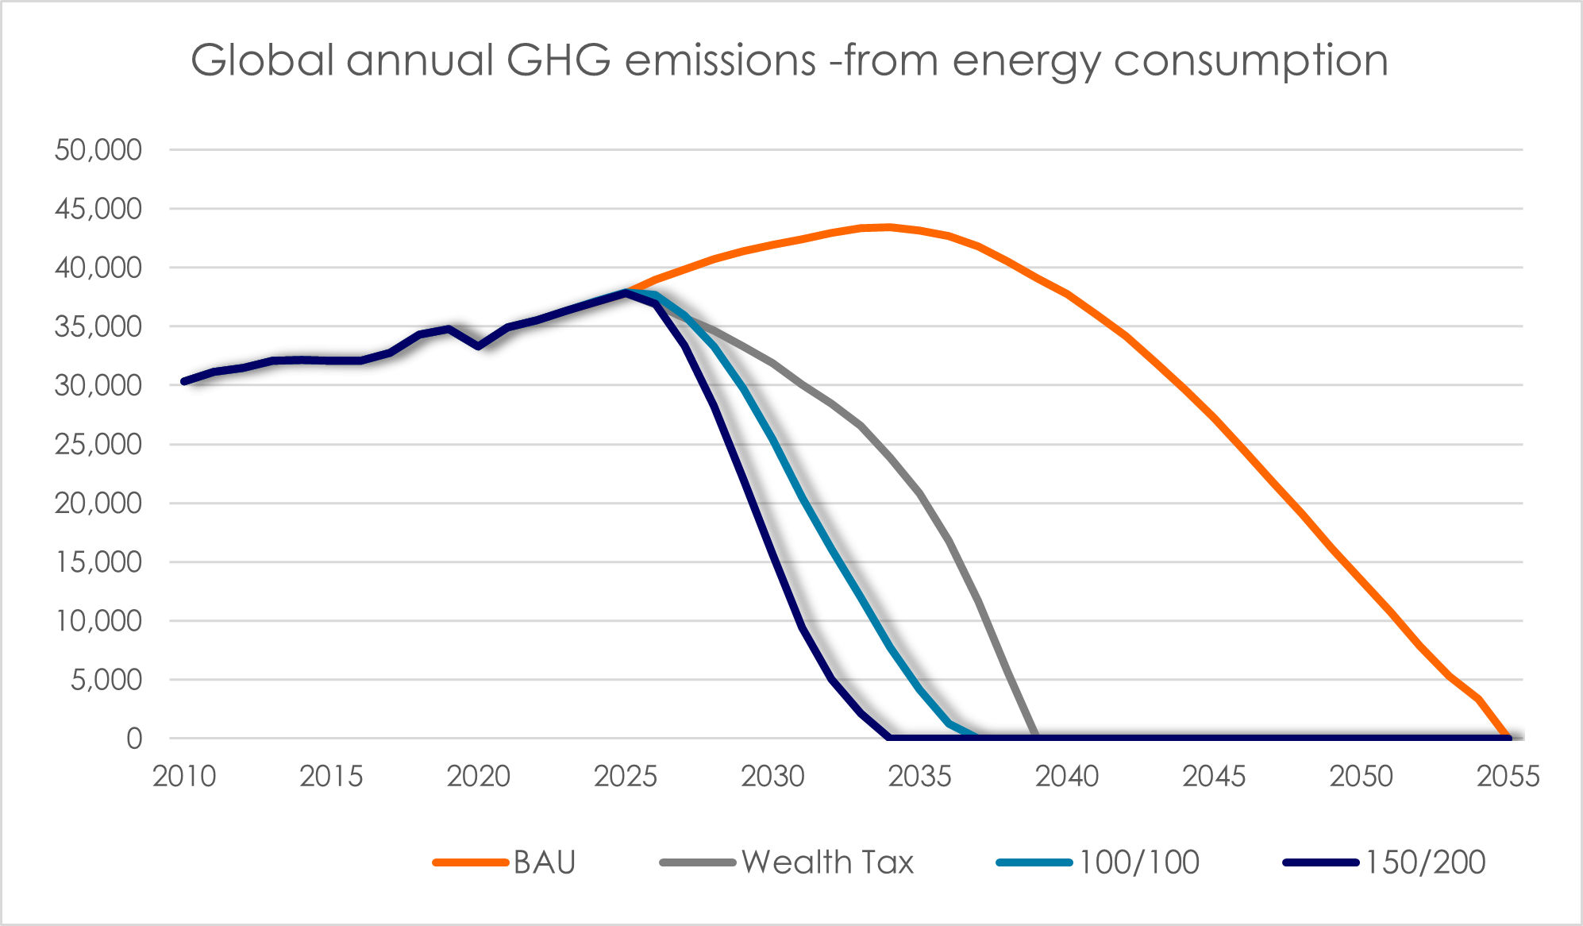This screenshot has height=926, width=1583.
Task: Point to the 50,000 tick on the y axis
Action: (x=98, y=149)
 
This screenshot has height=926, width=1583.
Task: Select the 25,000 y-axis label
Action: (x=98, y=444)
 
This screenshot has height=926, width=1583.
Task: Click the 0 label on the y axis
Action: (x=134, y=739)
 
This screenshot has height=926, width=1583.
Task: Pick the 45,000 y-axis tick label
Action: (x=98, y=209)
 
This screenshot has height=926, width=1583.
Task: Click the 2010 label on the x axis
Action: (x=184, y=776)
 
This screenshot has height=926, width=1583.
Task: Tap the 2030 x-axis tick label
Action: (x=772, y=776)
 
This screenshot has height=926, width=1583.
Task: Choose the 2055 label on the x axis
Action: (x=1508, y=776)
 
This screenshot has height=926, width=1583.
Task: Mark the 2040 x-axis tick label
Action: (x=1066, y=776)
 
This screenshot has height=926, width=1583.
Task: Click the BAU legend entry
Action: (x=545, y=862)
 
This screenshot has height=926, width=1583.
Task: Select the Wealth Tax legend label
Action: (x=827, y=862)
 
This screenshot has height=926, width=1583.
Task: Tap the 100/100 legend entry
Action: (x=1138, y=862)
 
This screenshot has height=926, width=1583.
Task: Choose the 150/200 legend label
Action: (x=1425, y=862)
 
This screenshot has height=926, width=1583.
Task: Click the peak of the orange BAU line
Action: (x=889, y=227)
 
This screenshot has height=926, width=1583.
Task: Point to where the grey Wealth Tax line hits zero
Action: (x=1035, y=738)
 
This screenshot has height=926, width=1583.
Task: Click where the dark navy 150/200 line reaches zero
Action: (x=889, y=738)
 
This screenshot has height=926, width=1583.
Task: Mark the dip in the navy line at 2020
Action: (x=478, y=346)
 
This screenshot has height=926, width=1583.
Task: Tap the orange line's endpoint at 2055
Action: (x=1508, y=738)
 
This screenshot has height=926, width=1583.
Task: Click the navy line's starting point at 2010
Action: (x=184, y=382)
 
